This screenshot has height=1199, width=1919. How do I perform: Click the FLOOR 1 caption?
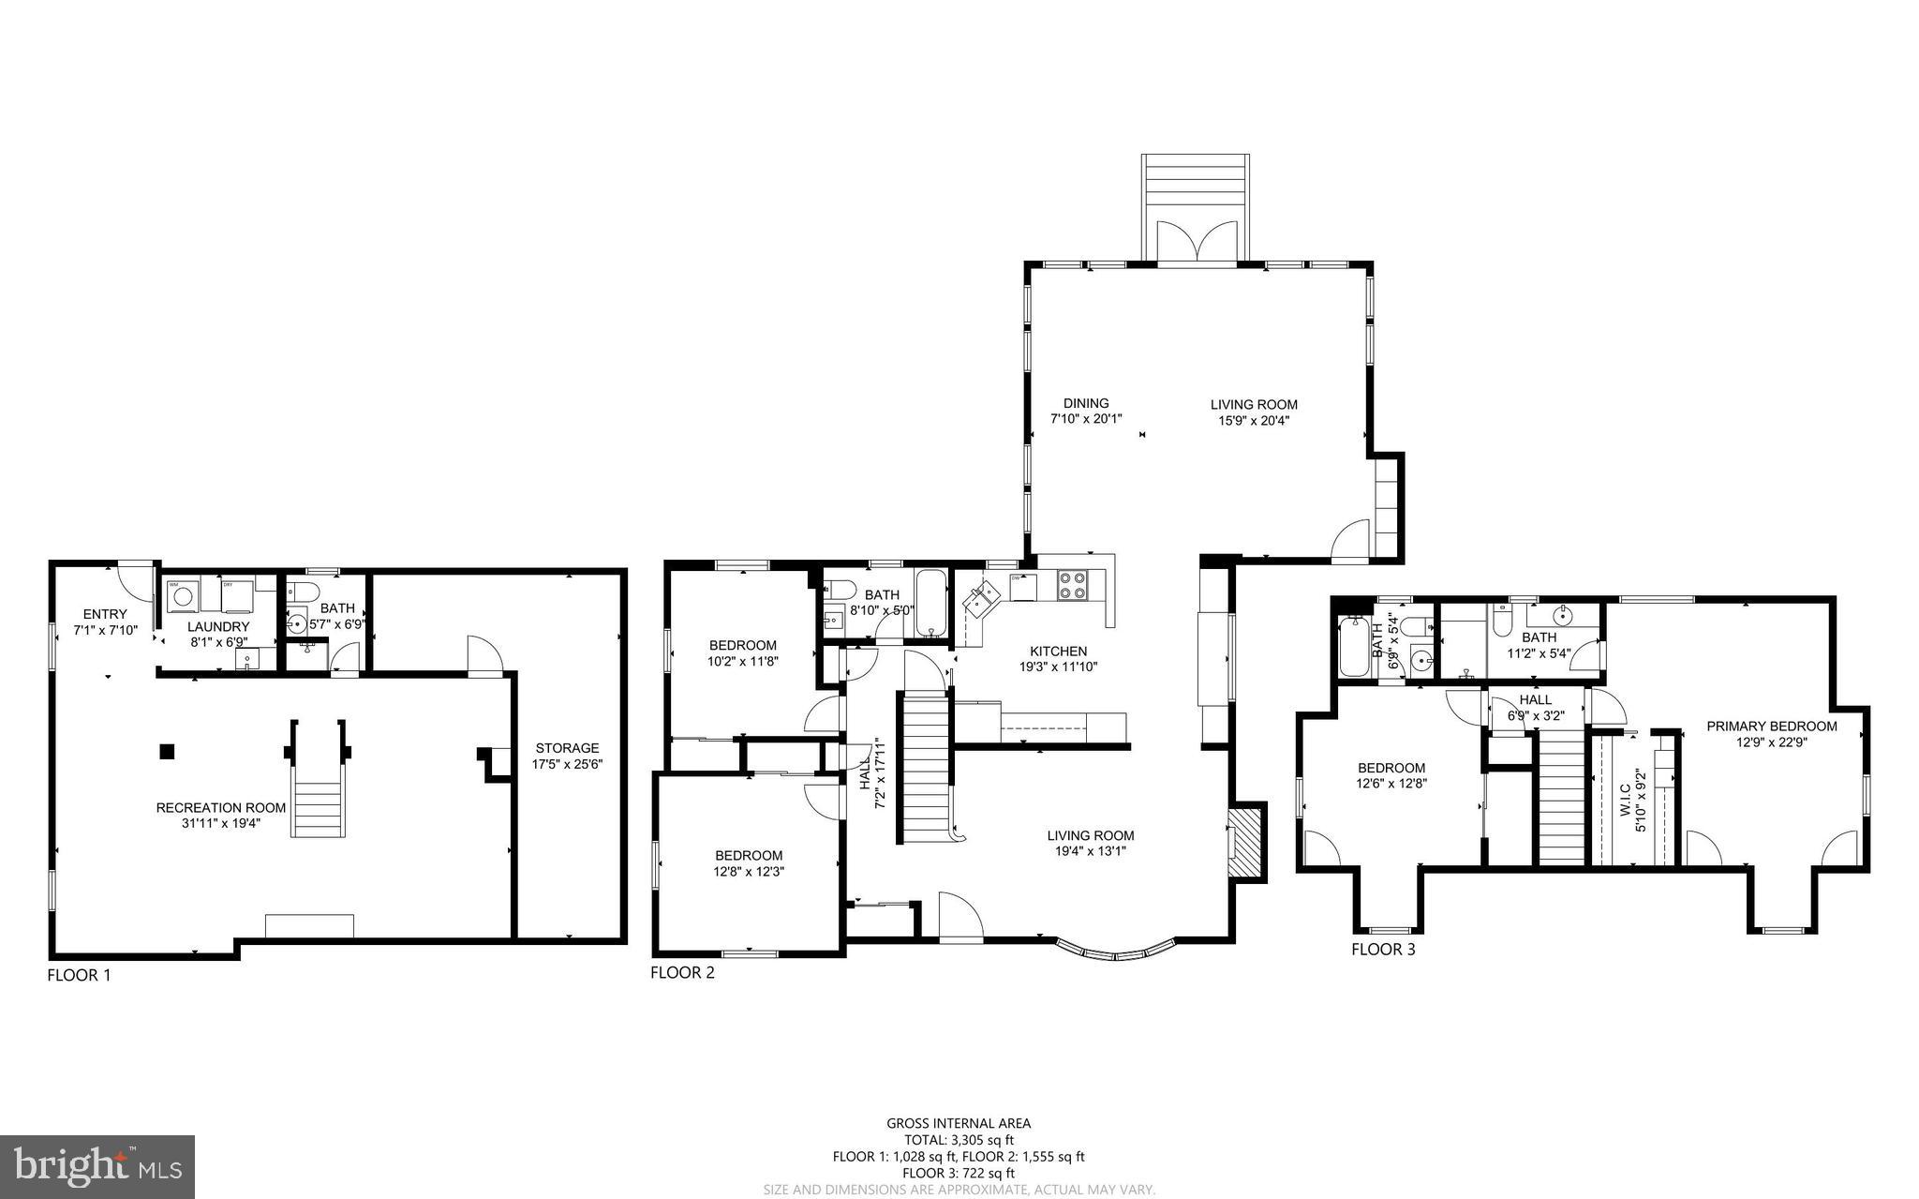(x=79, y=975)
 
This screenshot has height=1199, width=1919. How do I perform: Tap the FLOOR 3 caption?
(x=1383, y=950)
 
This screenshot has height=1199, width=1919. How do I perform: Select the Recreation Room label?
(x=220, y=807)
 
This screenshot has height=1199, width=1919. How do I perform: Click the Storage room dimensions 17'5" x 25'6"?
(x=567, y=763)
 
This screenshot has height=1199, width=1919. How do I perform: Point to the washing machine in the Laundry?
(x=181, y=595)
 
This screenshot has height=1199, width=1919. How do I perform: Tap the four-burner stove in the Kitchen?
(x=1071, y=586)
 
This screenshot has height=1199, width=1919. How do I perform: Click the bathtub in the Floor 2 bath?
(x=930, y=603)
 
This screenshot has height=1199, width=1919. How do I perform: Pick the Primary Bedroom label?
(x=1771, y=726)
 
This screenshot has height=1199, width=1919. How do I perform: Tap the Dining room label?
(x=1086, y=403)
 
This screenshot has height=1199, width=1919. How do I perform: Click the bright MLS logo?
(x=97, y=1166)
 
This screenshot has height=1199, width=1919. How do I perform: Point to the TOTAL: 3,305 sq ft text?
(x=959, y=1140)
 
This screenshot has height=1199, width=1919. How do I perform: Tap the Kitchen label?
(x=1058, y=651)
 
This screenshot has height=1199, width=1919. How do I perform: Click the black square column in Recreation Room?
(x=167, y=751)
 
